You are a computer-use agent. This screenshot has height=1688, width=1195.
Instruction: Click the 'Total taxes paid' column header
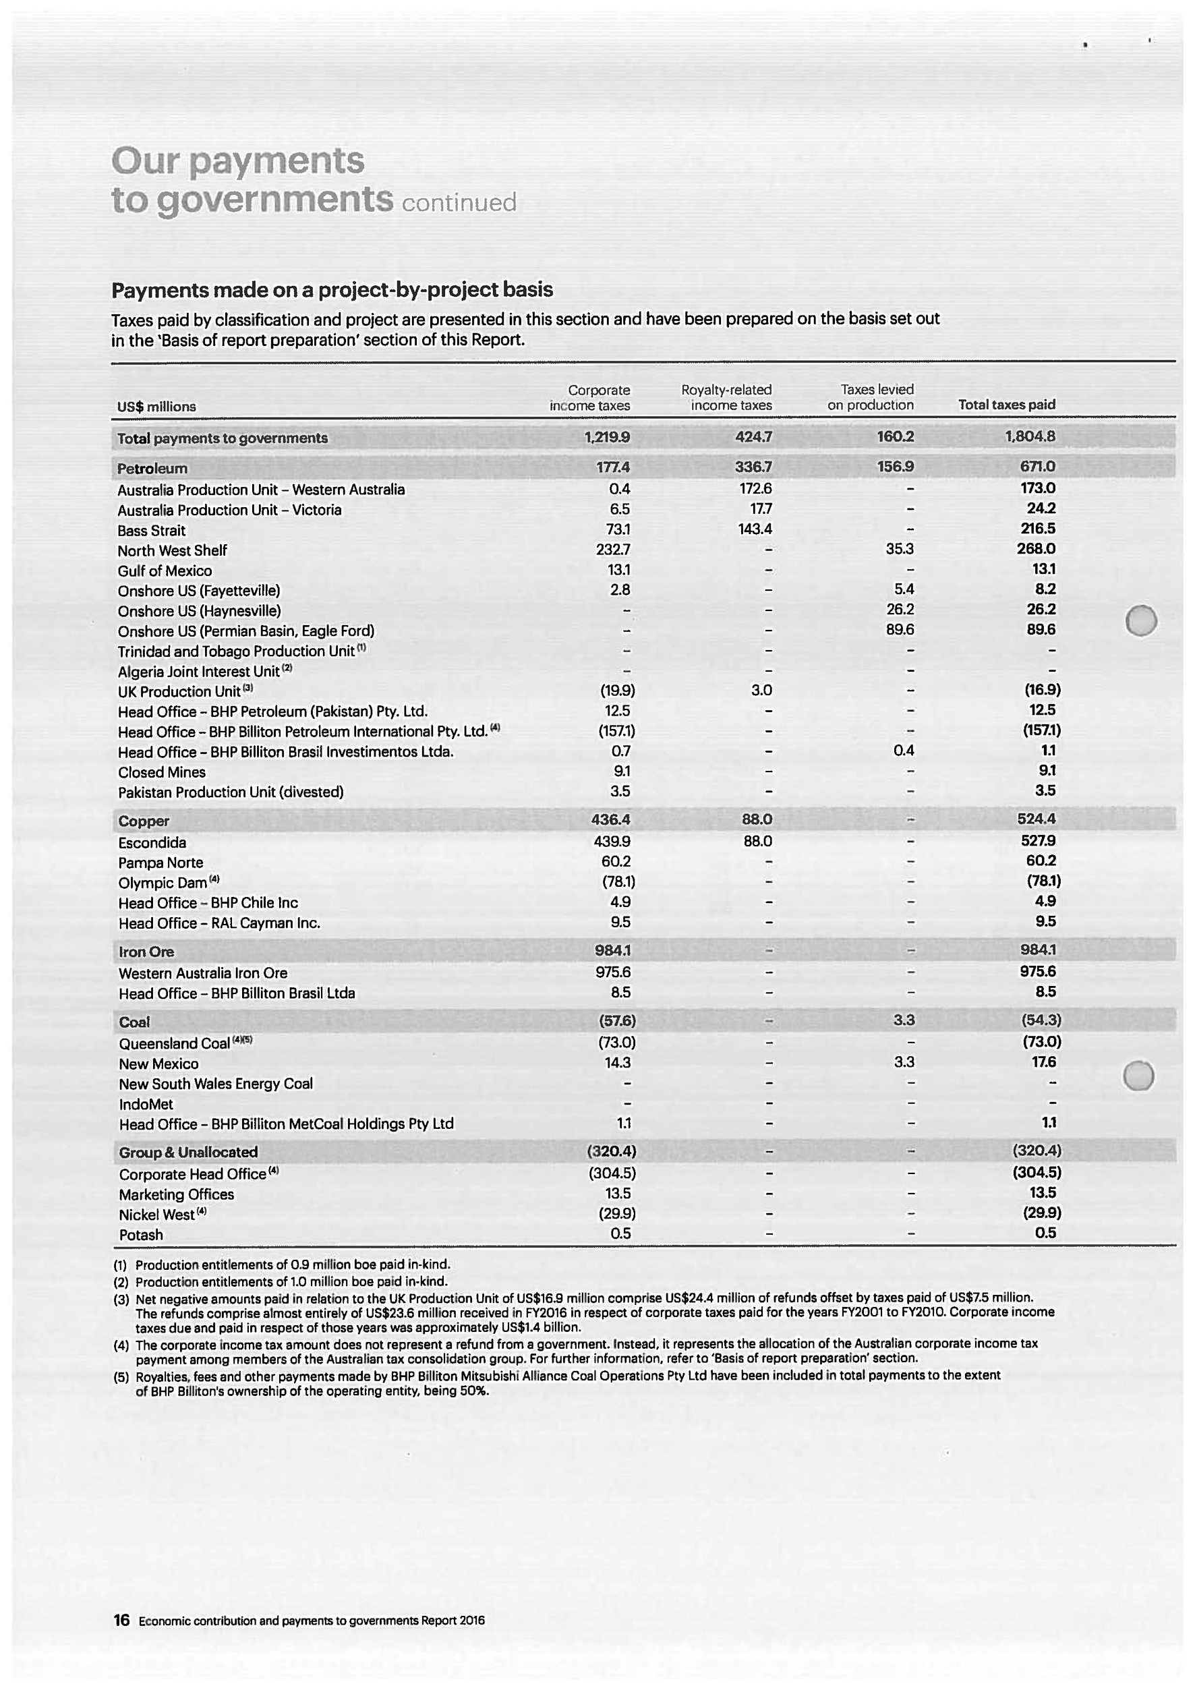1006,405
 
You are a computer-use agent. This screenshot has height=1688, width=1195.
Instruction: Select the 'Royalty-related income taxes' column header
726,397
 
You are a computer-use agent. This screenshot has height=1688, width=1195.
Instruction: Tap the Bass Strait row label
151,531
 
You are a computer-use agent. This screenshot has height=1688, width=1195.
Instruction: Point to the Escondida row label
152,842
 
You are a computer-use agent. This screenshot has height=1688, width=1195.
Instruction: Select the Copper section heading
144,821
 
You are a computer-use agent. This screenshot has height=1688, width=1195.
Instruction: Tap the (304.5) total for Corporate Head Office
1036,1172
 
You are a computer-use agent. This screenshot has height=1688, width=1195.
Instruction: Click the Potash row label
140,1235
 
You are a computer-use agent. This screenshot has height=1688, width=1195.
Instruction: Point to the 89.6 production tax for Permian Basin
899,630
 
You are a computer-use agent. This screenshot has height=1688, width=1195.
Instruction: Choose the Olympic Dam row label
163,883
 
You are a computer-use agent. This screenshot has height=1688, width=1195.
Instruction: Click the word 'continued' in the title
459,202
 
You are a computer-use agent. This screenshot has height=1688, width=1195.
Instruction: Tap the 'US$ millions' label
156,407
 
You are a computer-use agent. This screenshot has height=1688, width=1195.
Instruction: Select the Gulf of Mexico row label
164,571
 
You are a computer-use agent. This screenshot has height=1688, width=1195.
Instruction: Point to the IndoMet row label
146,1105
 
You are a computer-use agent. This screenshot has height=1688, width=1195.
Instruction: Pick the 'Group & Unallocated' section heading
187,1153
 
